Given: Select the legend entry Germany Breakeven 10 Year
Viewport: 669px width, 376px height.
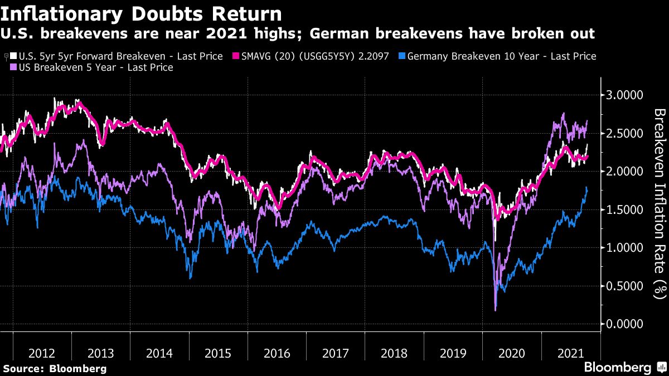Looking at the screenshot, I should [502, 56].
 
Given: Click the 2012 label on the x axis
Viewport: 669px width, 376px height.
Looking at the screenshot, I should [42, 353].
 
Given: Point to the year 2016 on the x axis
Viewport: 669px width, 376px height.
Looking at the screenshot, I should [277, 353].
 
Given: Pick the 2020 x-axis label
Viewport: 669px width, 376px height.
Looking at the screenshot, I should [512, 353].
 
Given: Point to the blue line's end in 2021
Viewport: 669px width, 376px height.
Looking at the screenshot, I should [587, 188].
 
